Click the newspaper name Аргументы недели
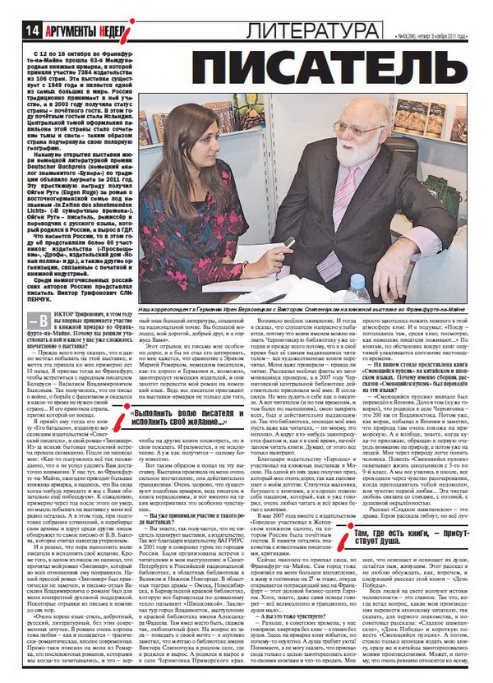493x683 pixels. coord(78,30)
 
